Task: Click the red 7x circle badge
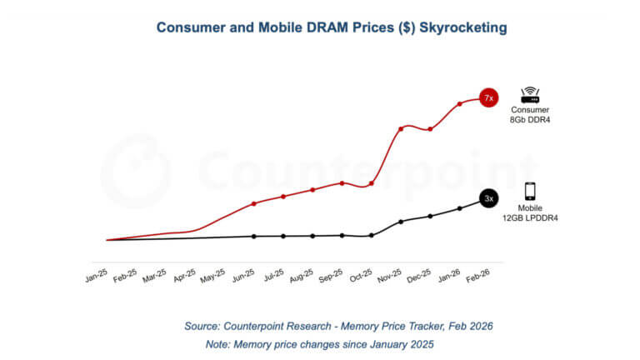[489, 98]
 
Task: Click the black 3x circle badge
[489, 198]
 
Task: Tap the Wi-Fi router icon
[531, 95]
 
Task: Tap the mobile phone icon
[530, 191]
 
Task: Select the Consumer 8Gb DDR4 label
[531, 115]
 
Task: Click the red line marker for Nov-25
[401, 128]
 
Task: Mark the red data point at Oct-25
[372, 183]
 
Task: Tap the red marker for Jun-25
[254, 203]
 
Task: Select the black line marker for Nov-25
[401, 222]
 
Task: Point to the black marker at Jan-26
[460, 208]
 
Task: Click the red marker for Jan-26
[460, 104]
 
